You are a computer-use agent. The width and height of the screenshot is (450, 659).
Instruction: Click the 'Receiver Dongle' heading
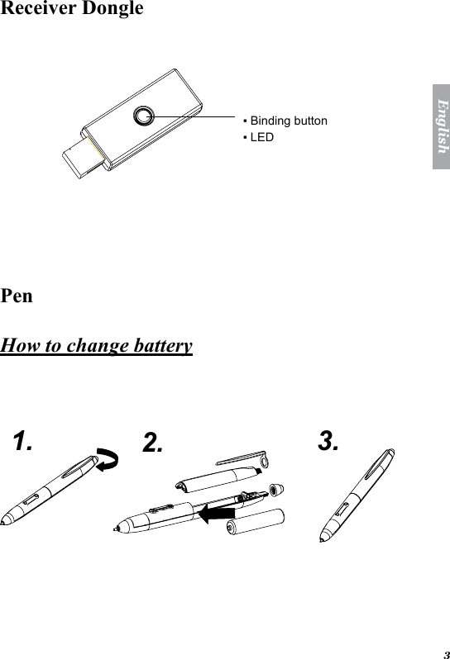point(72,9)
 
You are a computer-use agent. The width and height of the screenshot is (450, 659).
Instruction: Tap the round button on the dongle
point(146,115)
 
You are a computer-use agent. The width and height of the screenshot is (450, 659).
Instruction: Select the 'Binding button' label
point(288,121)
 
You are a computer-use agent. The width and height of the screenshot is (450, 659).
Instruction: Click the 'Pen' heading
point(17,295)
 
